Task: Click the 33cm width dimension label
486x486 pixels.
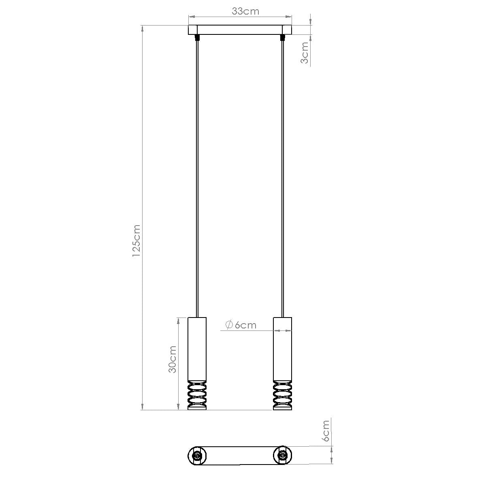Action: click(245, 11)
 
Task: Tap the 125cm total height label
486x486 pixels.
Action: click(136, 241)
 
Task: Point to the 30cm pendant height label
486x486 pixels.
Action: click(172, 359)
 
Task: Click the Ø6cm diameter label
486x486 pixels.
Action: click(240, 325)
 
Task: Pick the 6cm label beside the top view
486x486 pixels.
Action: click(325, 430)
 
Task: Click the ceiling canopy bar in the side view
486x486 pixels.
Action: click(240, 30)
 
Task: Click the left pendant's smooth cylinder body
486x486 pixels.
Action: click(197, 348)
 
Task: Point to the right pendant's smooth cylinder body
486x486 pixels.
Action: click(282, 348)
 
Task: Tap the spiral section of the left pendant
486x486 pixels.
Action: click(197, 395)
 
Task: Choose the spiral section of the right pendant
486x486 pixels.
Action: click(282, 395)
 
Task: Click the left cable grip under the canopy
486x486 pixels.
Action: click(197, 38)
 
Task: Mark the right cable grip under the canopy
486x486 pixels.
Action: click(282, 38)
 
